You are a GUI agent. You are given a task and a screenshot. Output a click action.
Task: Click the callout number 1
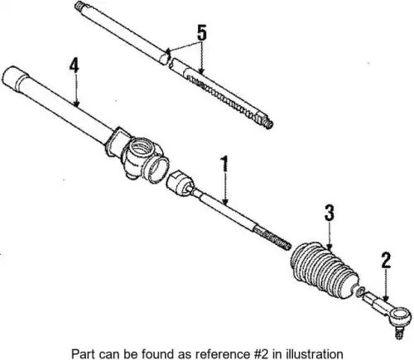point(224,164)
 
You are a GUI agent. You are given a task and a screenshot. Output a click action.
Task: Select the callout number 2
point(386,261)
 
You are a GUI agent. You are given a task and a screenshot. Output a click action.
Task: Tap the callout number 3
point(330,213)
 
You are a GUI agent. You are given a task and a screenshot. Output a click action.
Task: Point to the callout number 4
point(74,66)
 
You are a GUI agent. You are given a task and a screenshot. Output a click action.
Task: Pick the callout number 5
point(202,33)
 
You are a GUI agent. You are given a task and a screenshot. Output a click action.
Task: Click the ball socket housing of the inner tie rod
point(180,183)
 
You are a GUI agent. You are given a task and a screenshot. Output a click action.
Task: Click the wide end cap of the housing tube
point(15,78)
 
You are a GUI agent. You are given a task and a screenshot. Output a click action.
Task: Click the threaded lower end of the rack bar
point(267,122)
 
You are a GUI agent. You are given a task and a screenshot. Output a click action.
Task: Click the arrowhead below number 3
point(329,247)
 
